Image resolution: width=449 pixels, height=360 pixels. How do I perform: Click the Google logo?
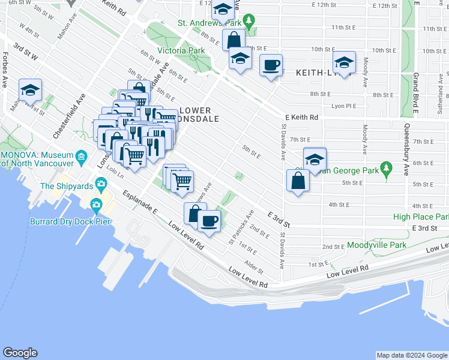[x=19, y=353]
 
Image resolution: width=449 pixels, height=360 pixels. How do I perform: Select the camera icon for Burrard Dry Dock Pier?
[x=96, y=206]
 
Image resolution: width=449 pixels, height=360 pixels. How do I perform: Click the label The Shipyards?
[x=64, y=186]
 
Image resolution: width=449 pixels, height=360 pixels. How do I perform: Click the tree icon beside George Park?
[x=387, y=170]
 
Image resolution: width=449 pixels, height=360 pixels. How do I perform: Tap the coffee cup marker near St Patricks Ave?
[x=209, y=221]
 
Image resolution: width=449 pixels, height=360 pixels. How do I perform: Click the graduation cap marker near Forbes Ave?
[x=30, y=91]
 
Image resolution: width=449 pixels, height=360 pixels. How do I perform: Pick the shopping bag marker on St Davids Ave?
[x=298, y=181]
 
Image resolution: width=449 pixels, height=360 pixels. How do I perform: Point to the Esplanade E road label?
[x=140, y=203]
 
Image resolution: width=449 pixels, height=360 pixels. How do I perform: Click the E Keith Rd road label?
[x=301, y=118]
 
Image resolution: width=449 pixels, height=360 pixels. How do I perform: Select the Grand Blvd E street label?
[x=415, y=92]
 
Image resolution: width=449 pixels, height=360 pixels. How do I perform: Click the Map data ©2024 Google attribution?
[x=411, y=355]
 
